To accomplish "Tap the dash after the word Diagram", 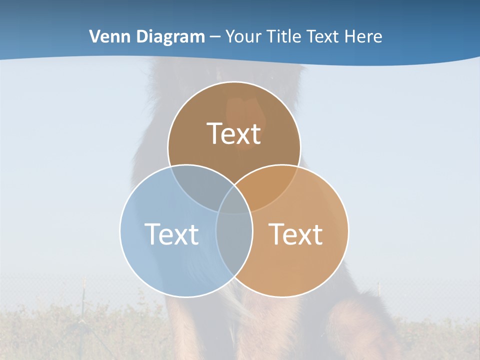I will click(215, 37).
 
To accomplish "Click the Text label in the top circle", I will click(234, 133).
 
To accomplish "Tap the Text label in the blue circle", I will click(171, 233).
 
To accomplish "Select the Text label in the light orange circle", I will click(295, 233).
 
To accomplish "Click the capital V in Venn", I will click(95, 36).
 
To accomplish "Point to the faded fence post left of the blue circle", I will click(84, 300).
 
